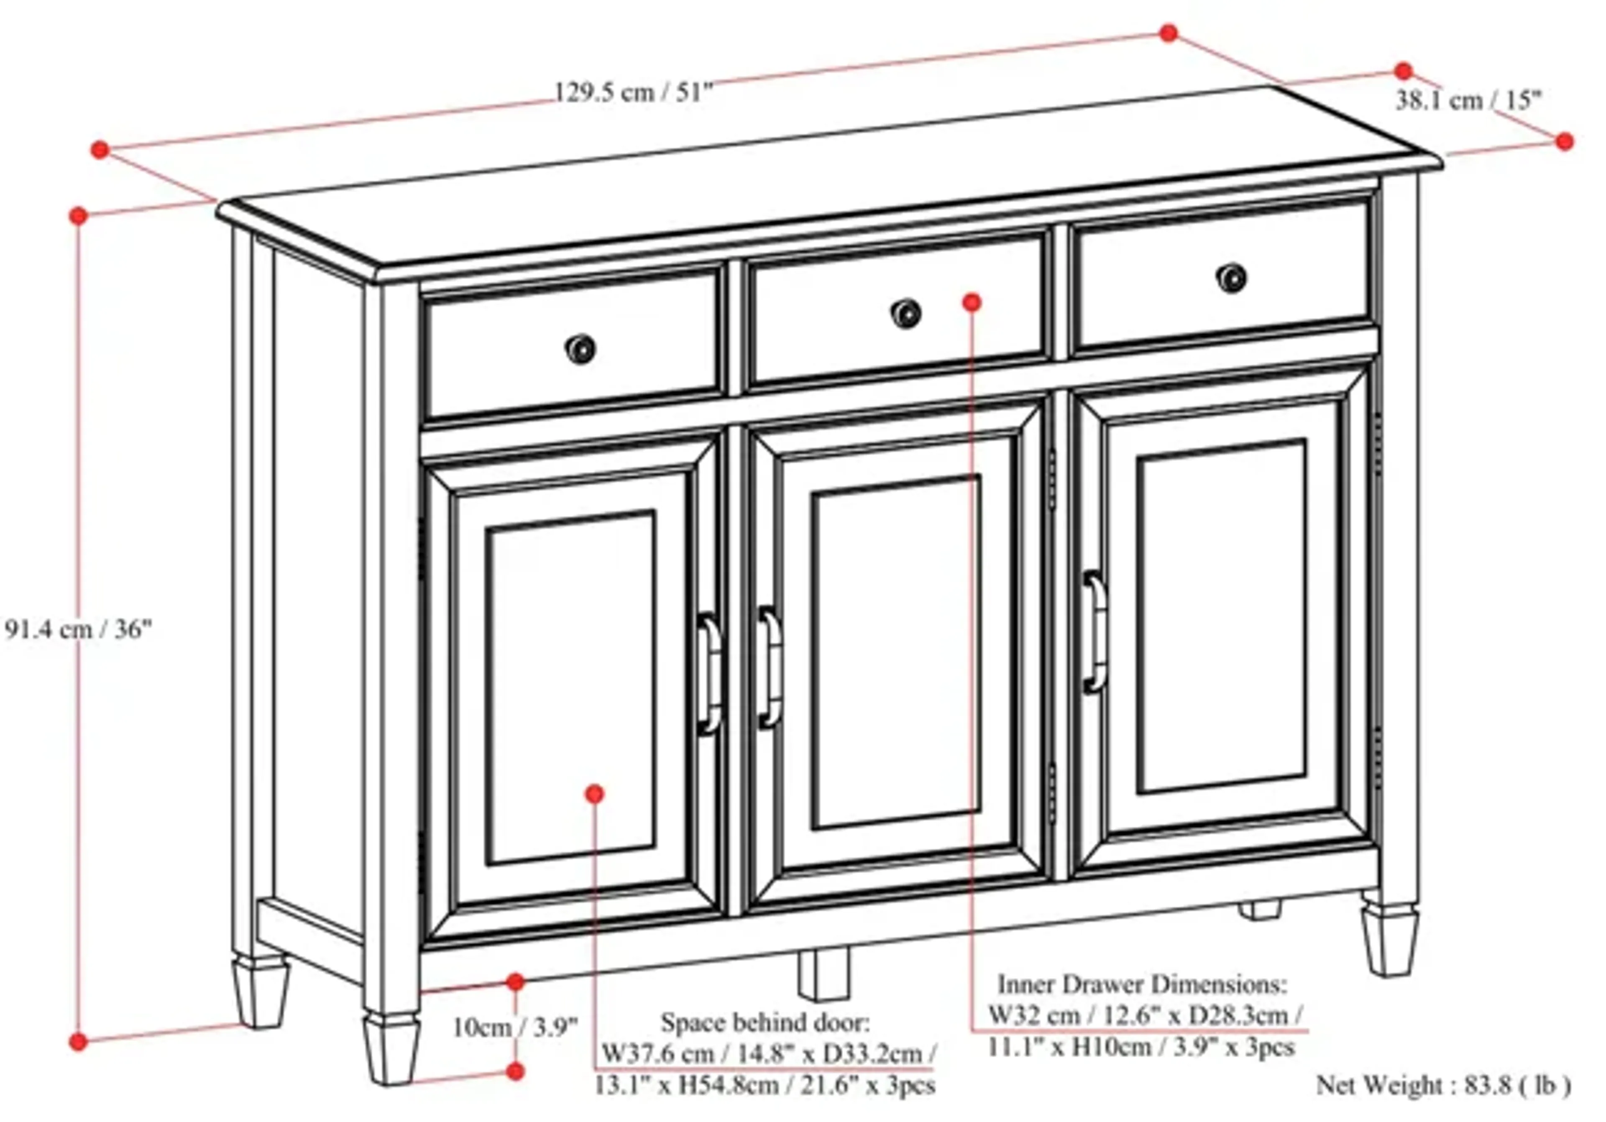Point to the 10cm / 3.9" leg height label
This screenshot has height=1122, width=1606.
(516, 1027)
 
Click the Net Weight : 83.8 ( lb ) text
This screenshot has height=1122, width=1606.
(1443, 1085)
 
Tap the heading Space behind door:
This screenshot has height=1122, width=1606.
(766, 1022)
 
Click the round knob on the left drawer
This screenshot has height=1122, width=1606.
(580, 349)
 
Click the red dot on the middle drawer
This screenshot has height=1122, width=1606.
(972, 302)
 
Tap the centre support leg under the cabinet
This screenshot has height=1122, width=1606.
(823, 973)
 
